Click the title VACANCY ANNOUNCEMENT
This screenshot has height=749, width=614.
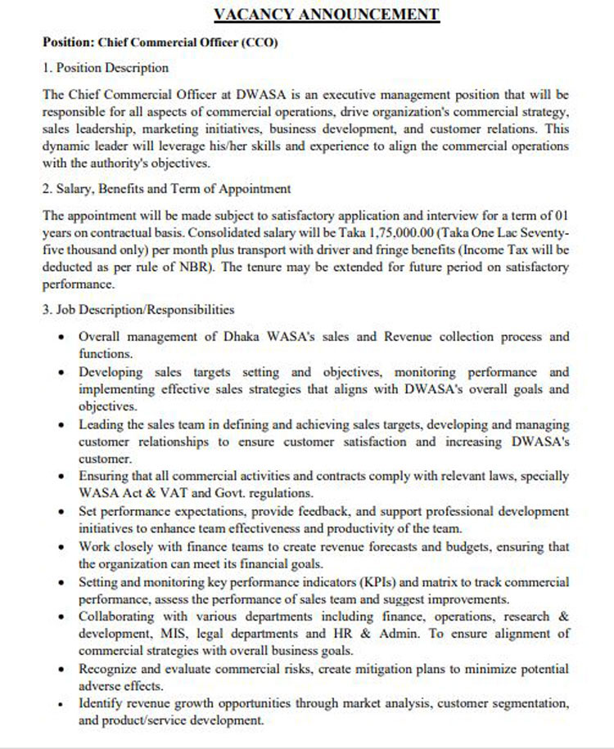[326, 14]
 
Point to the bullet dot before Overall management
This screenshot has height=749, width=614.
[64, 338]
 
